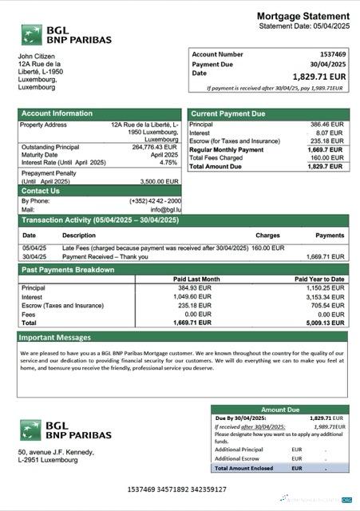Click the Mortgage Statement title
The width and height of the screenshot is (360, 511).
point(303,16)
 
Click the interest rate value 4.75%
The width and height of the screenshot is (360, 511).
point(168,162)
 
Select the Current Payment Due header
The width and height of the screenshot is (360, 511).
point(227,113)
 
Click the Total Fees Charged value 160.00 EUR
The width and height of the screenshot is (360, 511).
point(327,158)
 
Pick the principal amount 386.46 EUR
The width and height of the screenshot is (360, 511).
point(327,125)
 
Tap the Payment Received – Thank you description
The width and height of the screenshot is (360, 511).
point(104,256)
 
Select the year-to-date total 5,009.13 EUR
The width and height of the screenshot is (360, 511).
point(324,323)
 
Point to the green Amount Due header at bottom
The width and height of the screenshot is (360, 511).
point(279,409)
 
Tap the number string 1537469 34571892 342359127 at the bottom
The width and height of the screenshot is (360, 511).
point(176,489)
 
